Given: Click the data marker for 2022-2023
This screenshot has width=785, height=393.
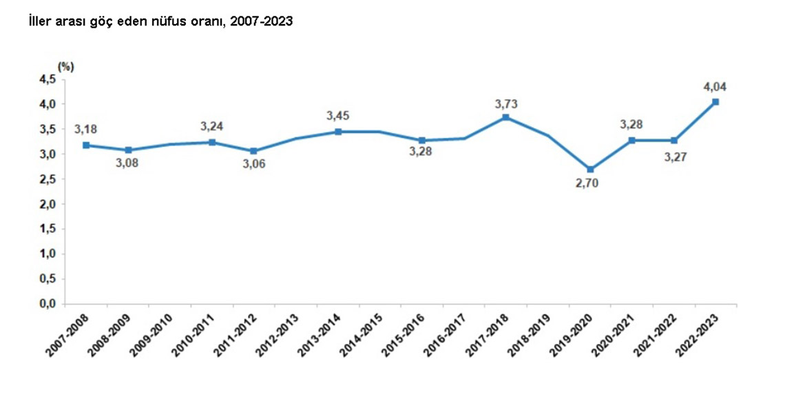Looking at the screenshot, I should click(716, 102).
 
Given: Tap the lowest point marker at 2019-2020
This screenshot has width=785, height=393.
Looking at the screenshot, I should click(590, 169).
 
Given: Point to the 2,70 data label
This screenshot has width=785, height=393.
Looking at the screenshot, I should click(590, 185).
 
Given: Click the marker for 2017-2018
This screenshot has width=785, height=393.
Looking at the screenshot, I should click(506, 117).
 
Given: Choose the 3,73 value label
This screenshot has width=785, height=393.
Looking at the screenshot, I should click(506, 103).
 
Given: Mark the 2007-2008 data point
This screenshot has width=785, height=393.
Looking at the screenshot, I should click(86, 145).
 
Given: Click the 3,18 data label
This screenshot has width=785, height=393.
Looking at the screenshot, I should click(86, 129).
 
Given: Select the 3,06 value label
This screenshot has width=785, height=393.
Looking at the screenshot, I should click(254, 164).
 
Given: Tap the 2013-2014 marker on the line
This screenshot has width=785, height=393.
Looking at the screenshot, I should click(338, 131).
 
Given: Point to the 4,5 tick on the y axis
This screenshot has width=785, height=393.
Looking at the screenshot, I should click(48, 79).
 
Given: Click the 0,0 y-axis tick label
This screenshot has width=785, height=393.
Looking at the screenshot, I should click(48, 303).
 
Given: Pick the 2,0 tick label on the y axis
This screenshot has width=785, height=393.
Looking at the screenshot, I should click(48, 204).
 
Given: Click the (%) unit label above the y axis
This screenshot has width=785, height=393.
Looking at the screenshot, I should click(66, 66).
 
